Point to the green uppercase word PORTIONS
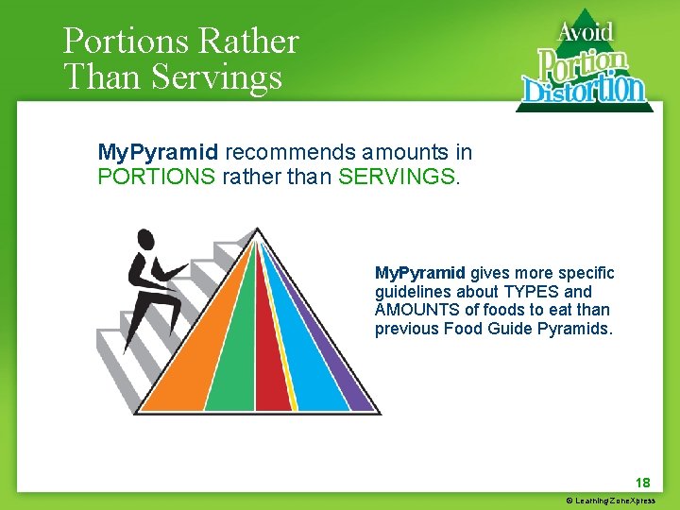[157, 177]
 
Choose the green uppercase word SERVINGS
[396, 177]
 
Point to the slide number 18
[643, 482]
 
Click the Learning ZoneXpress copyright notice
[610, 501]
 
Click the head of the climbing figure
[145, 238]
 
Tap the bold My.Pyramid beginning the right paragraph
[419, 272]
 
